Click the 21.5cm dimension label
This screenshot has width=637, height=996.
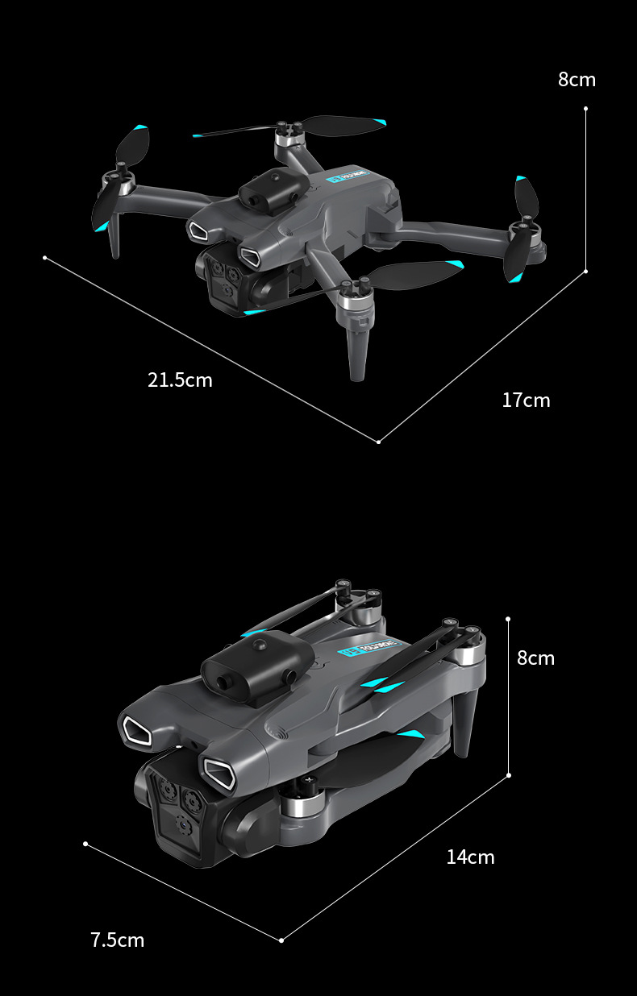180,380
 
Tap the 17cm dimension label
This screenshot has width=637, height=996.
526,400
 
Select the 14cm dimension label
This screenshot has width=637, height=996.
470,857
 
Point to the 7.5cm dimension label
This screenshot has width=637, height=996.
118,940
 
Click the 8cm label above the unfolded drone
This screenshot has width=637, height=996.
577,79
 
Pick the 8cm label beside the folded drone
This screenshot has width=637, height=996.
535,658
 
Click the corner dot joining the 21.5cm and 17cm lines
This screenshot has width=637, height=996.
378,441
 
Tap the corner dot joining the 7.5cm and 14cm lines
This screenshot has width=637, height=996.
281,940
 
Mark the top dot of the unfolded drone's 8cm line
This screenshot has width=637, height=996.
585,108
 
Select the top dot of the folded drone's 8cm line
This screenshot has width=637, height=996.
509,619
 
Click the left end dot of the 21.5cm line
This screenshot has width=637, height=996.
45,258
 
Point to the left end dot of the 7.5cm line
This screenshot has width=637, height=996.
85,844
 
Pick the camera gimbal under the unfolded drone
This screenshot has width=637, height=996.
230,278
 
